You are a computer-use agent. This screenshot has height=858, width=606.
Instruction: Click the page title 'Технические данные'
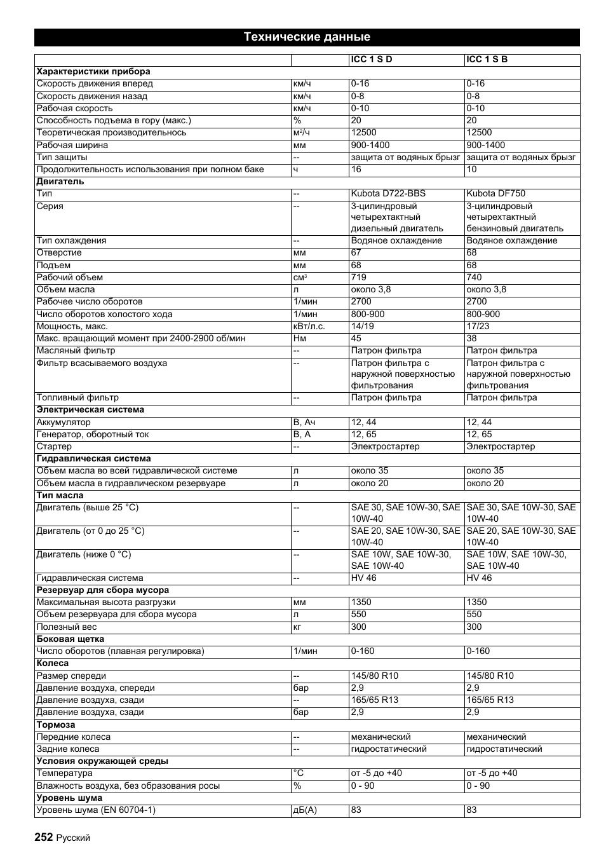click(307, 37)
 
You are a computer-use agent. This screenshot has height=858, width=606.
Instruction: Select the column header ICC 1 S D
click(372, 60)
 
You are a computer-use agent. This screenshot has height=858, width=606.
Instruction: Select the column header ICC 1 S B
click(487, 60)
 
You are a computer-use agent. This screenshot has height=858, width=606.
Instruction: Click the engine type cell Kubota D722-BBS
click(388, 194)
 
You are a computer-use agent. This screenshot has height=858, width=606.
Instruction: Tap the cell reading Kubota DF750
click(495, 194)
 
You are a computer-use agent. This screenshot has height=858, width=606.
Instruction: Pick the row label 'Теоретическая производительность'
click(111, 133)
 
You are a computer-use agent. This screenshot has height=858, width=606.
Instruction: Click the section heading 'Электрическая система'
click(90, 410)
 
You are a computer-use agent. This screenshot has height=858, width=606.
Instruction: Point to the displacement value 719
click(358, 278)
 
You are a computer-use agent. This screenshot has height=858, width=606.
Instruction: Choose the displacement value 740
click(474, 278)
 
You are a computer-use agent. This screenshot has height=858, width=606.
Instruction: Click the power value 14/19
click(361, 327)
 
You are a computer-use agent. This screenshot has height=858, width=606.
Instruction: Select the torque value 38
click(471, 339)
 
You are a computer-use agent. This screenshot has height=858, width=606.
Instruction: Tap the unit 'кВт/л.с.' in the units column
click(309, 327)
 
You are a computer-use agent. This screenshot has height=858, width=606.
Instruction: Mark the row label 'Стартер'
click(54, 447)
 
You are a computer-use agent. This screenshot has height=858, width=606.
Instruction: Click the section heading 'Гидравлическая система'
click(93, 459)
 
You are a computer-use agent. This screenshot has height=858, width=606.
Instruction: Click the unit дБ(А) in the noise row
click(304, 810)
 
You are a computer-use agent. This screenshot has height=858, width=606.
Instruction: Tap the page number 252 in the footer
click(44, 837)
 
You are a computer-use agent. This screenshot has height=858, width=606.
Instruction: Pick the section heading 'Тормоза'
click(56, 725)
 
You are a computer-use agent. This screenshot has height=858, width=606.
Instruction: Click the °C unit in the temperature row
click(299, 773)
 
